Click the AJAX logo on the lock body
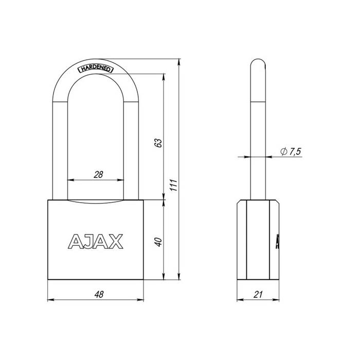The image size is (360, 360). [x=95, y=240]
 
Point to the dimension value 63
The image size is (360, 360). [x=158, y=142]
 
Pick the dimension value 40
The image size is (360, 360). [x=158, y=241]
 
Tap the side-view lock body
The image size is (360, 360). [x=259, y=239]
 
